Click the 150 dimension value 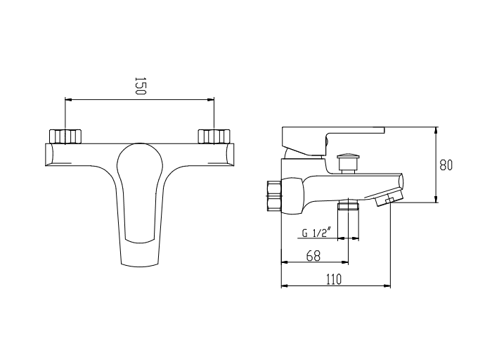141,86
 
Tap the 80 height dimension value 446,165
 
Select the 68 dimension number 313,256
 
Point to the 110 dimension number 334,279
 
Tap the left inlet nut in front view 65,136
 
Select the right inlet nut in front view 214,136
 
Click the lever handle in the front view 140,204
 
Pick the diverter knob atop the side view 348,163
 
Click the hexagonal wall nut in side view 274,196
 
